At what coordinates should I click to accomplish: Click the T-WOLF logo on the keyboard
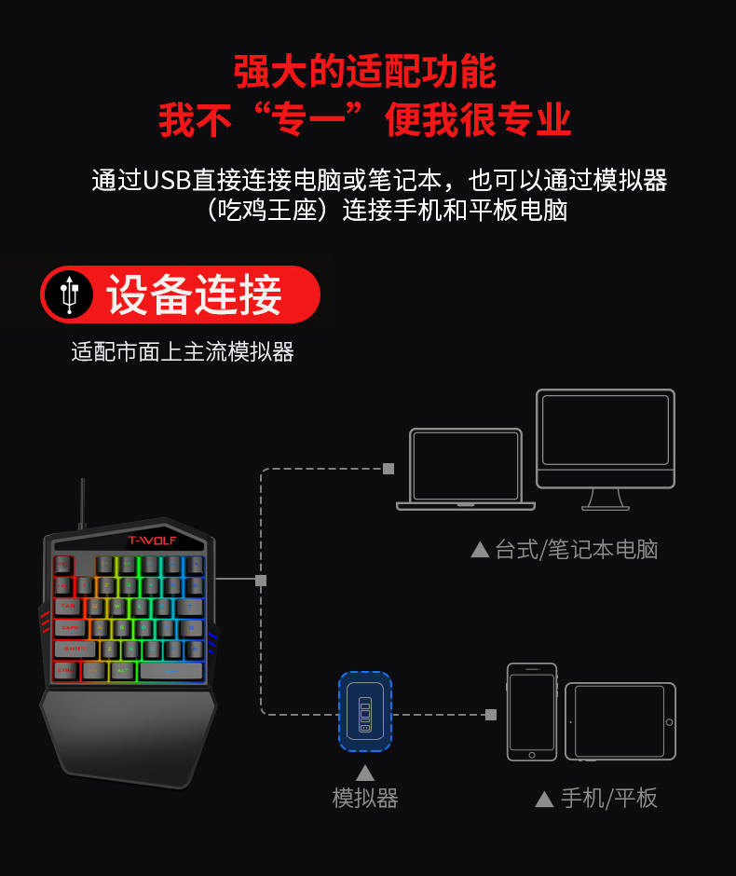[151, 540]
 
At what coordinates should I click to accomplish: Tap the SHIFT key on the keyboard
[75, 649]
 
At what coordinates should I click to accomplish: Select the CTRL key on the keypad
[65, 670]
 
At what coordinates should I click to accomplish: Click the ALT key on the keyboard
[122, 670]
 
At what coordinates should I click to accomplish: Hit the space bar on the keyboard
[171, 670]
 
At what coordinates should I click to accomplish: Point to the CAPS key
[71, 627]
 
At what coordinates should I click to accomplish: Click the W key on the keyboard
[118, 606]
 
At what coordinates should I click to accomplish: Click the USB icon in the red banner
[69, 294]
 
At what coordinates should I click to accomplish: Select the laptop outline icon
[466, 469]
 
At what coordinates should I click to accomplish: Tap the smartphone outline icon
[532, 711]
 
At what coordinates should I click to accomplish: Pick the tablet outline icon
[620, 720]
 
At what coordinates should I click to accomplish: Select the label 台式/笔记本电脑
[576, 550]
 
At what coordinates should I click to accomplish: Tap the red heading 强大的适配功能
[365, 72]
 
